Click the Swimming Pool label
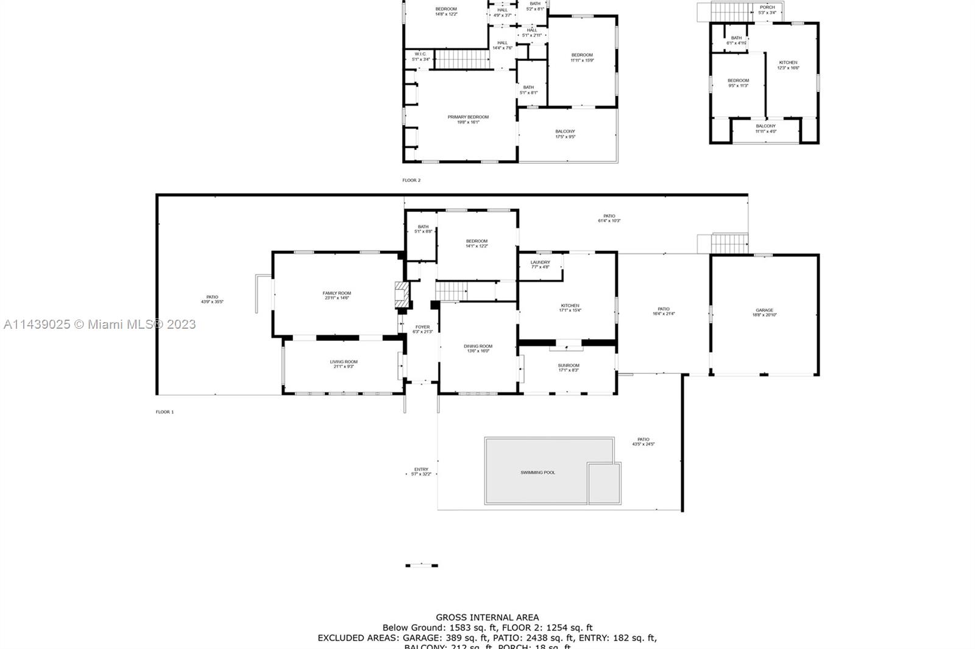pos(537,472)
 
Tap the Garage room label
pos(764,310)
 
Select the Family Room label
pos(336,293)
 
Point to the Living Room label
pos(344,362)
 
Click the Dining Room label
pos(478,346)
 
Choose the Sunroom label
pos(568,365)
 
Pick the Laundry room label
pos(540,262)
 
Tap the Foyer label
pos(422,327)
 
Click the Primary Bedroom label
pos(468,117)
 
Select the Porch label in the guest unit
pos(767,7)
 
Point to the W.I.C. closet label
pos(420,54)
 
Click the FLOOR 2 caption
pos(411,180)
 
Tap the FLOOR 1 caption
pos(165,412)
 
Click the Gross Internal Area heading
pos(487,617)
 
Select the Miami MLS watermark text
pos(99,324)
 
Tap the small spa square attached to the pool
pos(604,483)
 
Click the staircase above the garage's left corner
pos(729,243)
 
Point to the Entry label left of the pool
pos(421,469)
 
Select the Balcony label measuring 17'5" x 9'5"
pos(565,132)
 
